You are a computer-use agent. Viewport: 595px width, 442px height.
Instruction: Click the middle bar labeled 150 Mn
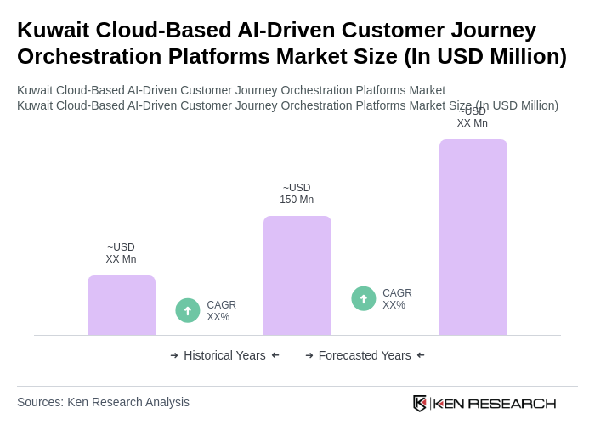click(x=297, y=275)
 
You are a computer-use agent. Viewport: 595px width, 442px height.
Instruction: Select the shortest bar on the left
click(x=121, y=305)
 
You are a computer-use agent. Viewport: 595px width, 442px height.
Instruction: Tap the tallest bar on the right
click(x=473, y=237)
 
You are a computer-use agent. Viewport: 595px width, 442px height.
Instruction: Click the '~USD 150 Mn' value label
click(x=297, y=194)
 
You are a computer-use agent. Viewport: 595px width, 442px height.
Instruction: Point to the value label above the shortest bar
click(x=121, y=253)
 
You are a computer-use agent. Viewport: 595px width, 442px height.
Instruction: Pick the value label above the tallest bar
click(x=472, y=118)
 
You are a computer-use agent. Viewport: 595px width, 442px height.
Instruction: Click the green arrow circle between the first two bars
click(x=188, y=310)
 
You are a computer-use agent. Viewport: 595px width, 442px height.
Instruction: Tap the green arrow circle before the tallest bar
click(x=364, y=298)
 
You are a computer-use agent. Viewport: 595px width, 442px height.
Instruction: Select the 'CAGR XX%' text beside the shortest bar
click(x=221, y=311)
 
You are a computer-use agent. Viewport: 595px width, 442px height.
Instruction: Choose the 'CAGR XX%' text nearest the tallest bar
click(x=397, y=299)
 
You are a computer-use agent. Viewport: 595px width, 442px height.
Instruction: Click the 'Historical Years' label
click(x=224, y=355)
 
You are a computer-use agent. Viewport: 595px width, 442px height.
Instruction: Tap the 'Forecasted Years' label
click(x=365, y=355)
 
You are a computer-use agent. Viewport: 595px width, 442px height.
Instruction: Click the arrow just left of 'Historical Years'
click(x=174, y=355)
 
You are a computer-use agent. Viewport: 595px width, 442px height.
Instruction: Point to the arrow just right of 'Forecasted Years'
click(x=421, y=355)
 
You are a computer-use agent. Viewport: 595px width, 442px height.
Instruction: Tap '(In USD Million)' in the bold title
click(x=484, y=56)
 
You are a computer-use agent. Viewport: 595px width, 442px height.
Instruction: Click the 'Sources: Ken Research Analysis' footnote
click(x=103, y=402)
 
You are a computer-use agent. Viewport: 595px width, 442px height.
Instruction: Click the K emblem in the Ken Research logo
click(x=420, y=403)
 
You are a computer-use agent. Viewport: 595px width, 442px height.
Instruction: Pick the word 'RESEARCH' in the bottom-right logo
click(x=512, y=403)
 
